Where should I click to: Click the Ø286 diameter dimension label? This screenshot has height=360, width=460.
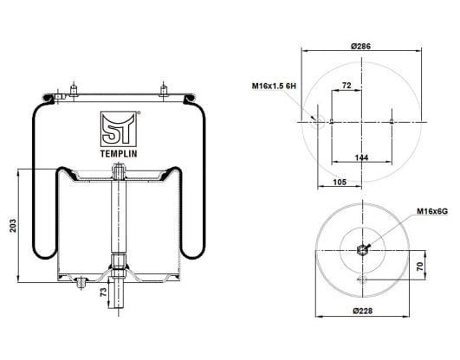[360, 46]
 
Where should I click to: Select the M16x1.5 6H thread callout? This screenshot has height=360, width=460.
[274, 86]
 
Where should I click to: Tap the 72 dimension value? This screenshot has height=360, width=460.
[347, 86]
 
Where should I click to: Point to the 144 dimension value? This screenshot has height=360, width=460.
[361, 157]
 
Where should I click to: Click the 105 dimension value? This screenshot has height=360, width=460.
[340, 182]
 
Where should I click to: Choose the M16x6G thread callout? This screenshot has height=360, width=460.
[432, 211]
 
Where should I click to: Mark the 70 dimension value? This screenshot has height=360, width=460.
[420, 267]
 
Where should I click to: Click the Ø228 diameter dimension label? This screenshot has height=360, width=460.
[363, 311]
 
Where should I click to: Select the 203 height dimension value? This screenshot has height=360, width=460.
[13, 226]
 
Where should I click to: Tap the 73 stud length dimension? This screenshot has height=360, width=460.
[103, 292]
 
